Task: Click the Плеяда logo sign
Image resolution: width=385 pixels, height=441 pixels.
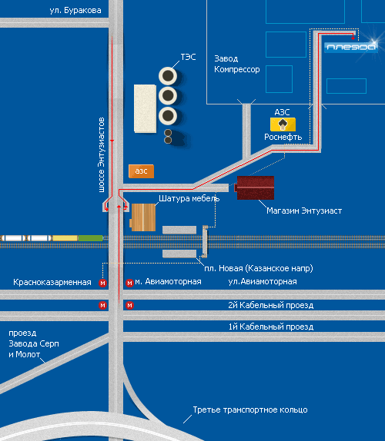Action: click(x=351, y=48)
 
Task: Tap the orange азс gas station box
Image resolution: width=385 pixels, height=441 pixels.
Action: click(x=141, y=171)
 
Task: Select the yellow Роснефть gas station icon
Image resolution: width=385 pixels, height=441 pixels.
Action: click(x=283, y=124)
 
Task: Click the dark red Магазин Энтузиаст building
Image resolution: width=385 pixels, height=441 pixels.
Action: click(x=255, y=188)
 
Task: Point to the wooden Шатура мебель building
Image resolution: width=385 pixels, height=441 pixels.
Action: click(x=143, y=217)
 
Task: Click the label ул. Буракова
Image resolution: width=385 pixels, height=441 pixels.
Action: click(x=75, y=11)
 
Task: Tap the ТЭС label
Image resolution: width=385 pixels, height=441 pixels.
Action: click(x=188, y=57)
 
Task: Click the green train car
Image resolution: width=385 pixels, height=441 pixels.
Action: click(x=90, y=238)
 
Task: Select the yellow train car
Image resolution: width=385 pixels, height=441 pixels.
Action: click(x=65, y=238)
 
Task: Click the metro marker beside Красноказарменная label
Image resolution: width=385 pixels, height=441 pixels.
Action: click(x=102, y=283)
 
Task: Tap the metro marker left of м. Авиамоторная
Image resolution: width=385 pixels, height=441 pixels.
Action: click(x=129, y=283)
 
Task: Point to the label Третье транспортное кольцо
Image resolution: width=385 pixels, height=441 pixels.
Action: click(x=250, y=409)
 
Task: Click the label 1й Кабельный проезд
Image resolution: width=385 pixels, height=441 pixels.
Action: click(x=270, y=327)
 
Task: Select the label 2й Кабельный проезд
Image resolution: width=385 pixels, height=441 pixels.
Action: click(x=270, y=305)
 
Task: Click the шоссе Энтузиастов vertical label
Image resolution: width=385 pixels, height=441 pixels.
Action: click(x=101, y=155)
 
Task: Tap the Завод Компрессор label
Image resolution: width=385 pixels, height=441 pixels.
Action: click(x=236, y=64)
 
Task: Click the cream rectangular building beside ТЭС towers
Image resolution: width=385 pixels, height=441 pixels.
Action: click(x=146, y=108)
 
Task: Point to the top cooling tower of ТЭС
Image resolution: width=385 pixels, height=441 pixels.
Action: click(x=168, y=76)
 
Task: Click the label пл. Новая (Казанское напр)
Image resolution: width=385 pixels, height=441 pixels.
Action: click(x=259, y=268)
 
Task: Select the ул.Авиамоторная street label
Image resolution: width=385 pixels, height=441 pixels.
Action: click(x=263, y=281)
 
